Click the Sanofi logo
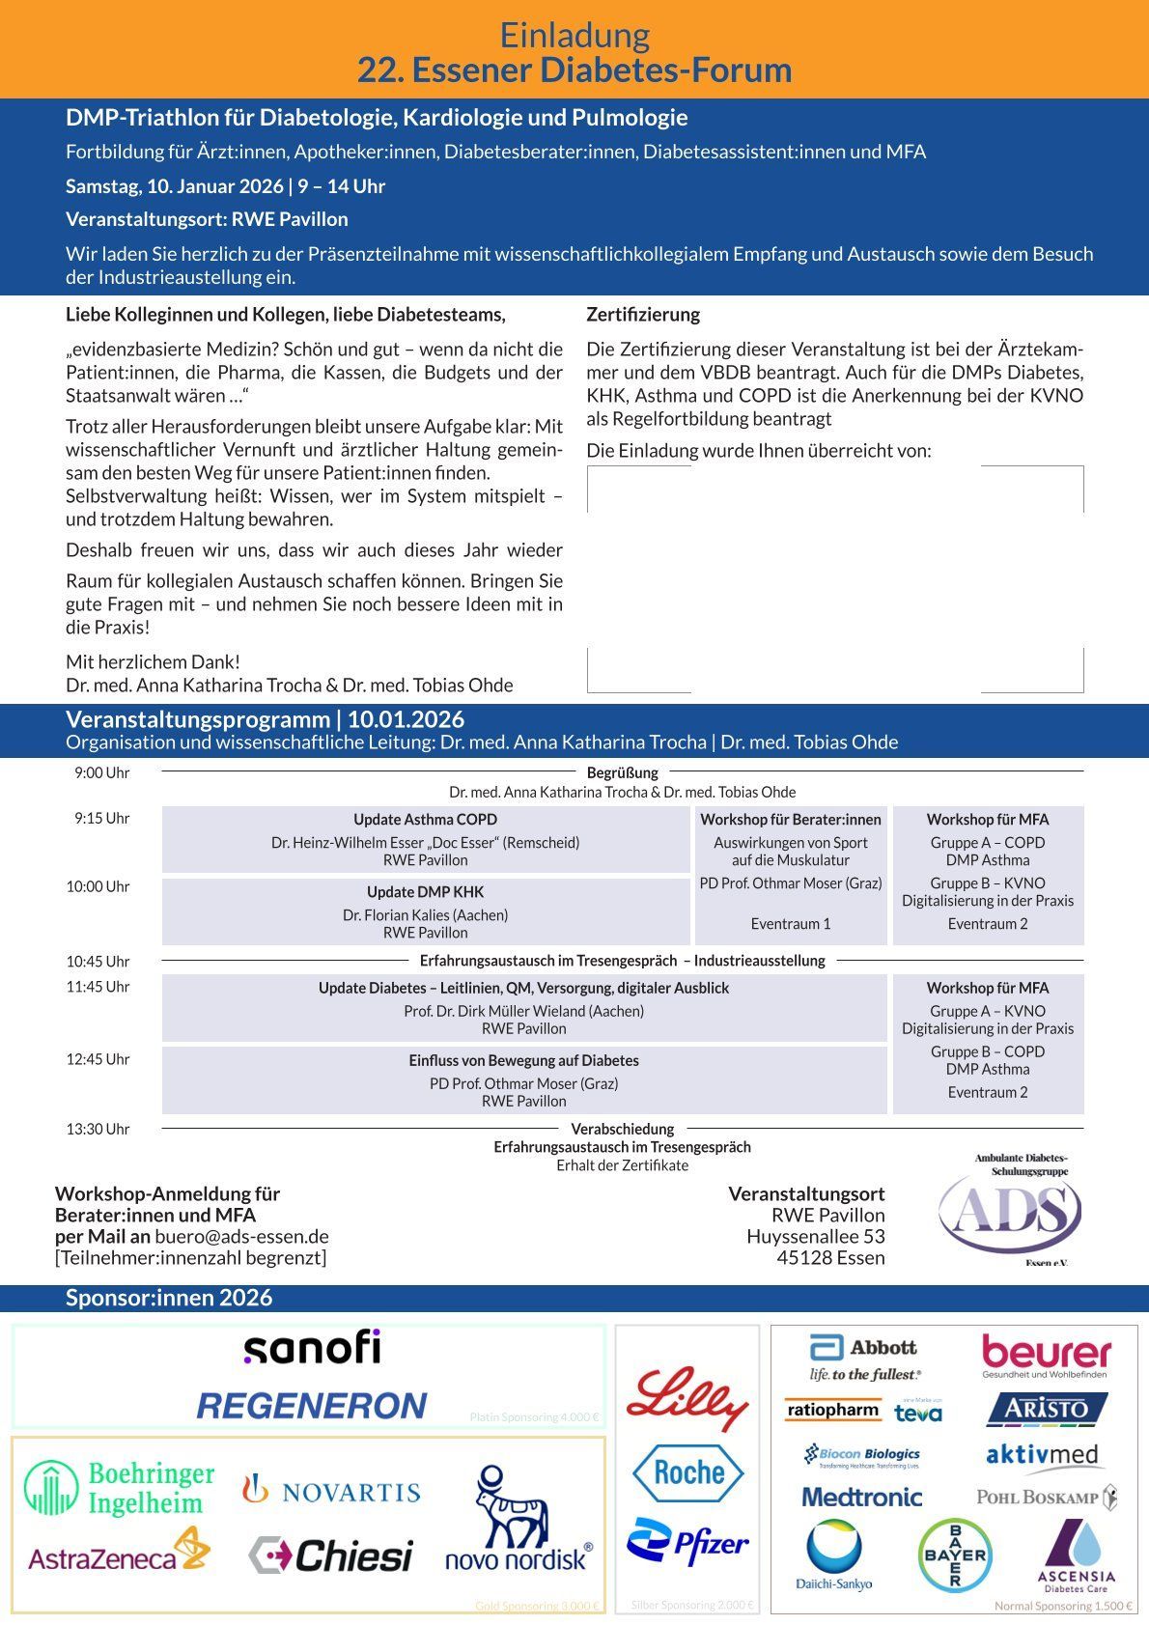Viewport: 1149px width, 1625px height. pyautogui.click(x=312, y=1348)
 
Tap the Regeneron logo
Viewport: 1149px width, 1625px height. pyautogui.click(x=312, y=1406)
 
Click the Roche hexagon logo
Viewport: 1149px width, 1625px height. pyautogui.click(x=687, y=1472)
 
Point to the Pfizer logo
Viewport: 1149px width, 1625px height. pyautogui.click(x=687, y=1543)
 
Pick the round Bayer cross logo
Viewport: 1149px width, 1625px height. pyautogui.click(x=954, y=1555)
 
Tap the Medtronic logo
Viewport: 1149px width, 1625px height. pyautogui.click(x=862, y=1497)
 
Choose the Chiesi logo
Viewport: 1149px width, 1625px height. pyautogui.click(x=330, y=1555)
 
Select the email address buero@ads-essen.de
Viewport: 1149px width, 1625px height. pyautogui.click(x=241, y=1236)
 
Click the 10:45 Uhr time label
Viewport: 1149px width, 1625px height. pyautogui.click(x=98, y=962)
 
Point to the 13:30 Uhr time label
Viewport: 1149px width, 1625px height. pyautogui.click(x=98, y=1129)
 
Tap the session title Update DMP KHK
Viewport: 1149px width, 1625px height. pyautogui.click(x=425, y=892)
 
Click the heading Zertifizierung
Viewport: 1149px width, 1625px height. pyautogui.click(x=643, y=315)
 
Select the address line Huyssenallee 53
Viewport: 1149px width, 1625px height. pyautogui.click(x=815, y=1236)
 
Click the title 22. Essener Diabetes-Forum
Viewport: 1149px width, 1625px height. pyautogui.click(x=574, y=70)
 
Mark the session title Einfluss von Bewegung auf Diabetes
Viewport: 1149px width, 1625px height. pyautogui.click(x=523, y=1060)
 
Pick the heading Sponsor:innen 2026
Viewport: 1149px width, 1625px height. pyautogui.click(x=169, y=1298)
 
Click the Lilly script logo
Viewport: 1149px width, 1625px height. pyautogui.click(x=687, y=1397)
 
